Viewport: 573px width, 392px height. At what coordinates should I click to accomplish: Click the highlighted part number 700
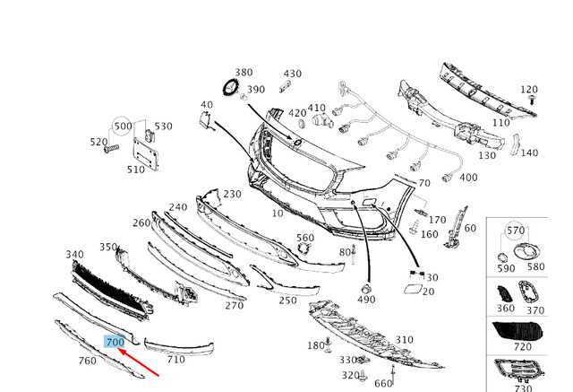click(x=115, y=342)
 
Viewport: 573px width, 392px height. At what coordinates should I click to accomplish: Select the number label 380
click(x=244, y=72)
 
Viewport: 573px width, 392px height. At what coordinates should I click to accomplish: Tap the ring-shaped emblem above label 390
click(x=230, y=88)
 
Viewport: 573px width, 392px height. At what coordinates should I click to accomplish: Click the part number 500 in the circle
click(x=122, y=126)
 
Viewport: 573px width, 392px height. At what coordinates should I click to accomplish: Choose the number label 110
click(x=501, y=122)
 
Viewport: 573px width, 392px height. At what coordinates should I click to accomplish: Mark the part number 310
click(x=405, y=340)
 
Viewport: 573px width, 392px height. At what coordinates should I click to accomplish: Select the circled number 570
click(x=516, y=231)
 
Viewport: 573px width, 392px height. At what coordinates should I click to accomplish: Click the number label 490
click(x=366, y=299)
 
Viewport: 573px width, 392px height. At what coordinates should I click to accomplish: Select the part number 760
click(x=87, y=362)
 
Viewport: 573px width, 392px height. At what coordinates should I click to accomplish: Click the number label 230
click(x=232, y=194)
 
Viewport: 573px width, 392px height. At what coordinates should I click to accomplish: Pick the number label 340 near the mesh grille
click(x=74, y=255)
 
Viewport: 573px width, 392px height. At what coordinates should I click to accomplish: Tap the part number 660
click(x=383, y=384)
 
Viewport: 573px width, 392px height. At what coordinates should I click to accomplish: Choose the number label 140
click(x=529, y=152)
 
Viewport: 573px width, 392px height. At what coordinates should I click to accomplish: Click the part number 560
click(x=305, y=238)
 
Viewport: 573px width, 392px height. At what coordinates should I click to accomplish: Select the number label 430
click(x=293, y=74)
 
